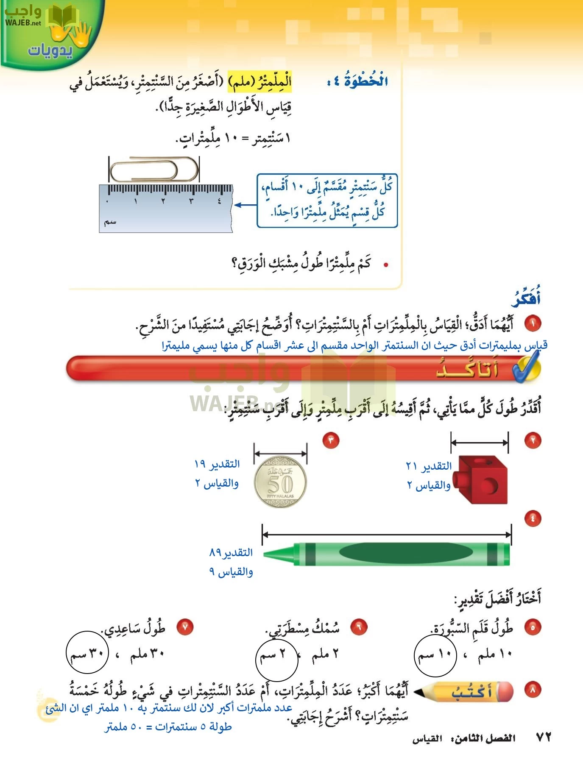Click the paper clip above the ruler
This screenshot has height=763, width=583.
153,170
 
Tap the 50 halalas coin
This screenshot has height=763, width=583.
280,482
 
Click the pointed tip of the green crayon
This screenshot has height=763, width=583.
271,554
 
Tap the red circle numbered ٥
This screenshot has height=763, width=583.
533,627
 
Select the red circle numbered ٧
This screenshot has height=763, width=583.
185,627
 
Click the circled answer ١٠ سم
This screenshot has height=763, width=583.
435,654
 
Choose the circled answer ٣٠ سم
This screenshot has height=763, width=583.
87,653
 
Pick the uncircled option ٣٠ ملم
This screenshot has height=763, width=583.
147,654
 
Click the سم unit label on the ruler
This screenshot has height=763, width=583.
110,222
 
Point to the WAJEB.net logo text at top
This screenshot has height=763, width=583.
23,23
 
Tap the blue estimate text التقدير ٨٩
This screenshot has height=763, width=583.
231,552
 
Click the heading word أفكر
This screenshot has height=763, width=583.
526,298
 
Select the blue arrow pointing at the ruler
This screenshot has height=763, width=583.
245,205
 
